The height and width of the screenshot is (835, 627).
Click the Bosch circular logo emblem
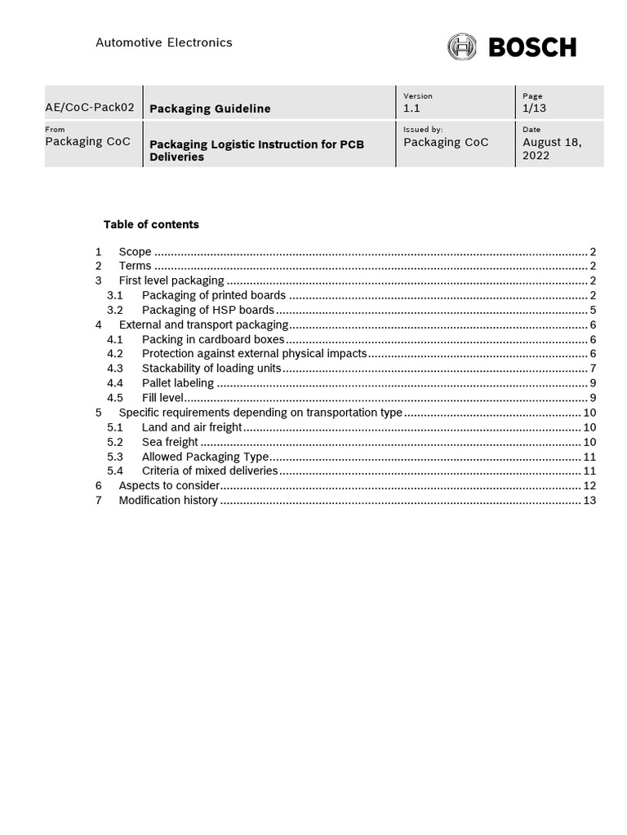(x=462, y=46)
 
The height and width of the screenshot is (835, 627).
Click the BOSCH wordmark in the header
(x=532, y=47)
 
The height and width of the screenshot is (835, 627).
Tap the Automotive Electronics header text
(x=164, y=42)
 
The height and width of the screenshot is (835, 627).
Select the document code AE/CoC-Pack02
(x=90, y=107)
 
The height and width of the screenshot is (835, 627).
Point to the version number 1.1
(x=411, y=108)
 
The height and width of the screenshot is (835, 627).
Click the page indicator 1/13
(x=536, y=108)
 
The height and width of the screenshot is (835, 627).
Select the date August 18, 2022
(x=552, y=148)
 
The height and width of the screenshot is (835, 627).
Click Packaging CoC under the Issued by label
(x=446, y=142)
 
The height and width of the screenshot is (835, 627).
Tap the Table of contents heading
(x=151, y=224)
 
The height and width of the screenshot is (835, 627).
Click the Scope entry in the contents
(x=135, y=252)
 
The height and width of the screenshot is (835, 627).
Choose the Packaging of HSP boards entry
(x=207, y=311)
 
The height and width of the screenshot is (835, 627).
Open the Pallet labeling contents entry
(x=177, y=383)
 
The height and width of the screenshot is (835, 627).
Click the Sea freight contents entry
(x=170, y=442)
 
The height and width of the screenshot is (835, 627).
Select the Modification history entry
(x=168, y=501)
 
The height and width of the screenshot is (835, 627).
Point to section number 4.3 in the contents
(x=115, y=369)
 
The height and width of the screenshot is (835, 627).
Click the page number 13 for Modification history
(x=589, y=501)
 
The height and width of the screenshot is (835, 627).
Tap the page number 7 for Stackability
(x=593, y=369)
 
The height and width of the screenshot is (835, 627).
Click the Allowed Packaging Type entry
(x=205, y=457)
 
